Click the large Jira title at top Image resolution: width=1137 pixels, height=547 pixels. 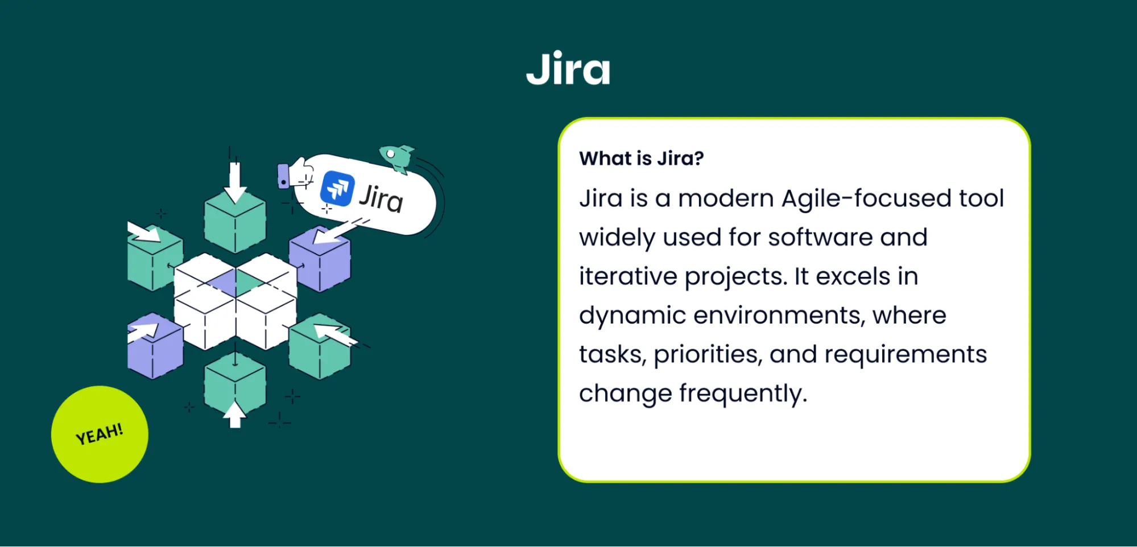(x=568, y=69)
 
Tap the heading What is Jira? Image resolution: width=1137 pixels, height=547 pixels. (x=641, y=158)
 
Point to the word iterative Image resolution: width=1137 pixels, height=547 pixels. (x=628, y=276)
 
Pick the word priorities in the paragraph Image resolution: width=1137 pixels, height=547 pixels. (x=708, y=354)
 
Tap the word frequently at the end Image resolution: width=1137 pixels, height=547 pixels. (x=743, y=393)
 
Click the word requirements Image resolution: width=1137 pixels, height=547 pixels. (x=906, y=354)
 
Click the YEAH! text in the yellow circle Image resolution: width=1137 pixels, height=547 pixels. (x=100, y=434)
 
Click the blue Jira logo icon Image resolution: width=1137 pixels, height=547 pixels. (x=337, y=188)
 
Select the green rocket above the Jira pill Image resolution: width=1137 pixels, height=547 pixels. (x=397, y=156)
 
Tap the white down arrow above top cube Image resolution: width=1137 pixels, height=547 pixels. (x=234, y=182)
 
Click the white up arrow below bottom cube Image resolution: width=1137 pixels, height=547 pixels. (x=234, y=415)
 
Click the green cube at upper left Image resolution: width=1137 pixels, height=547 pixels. (x=154, y=260)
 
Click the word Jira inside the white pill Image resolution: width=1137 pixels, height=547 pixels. (x=381, y=198)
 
